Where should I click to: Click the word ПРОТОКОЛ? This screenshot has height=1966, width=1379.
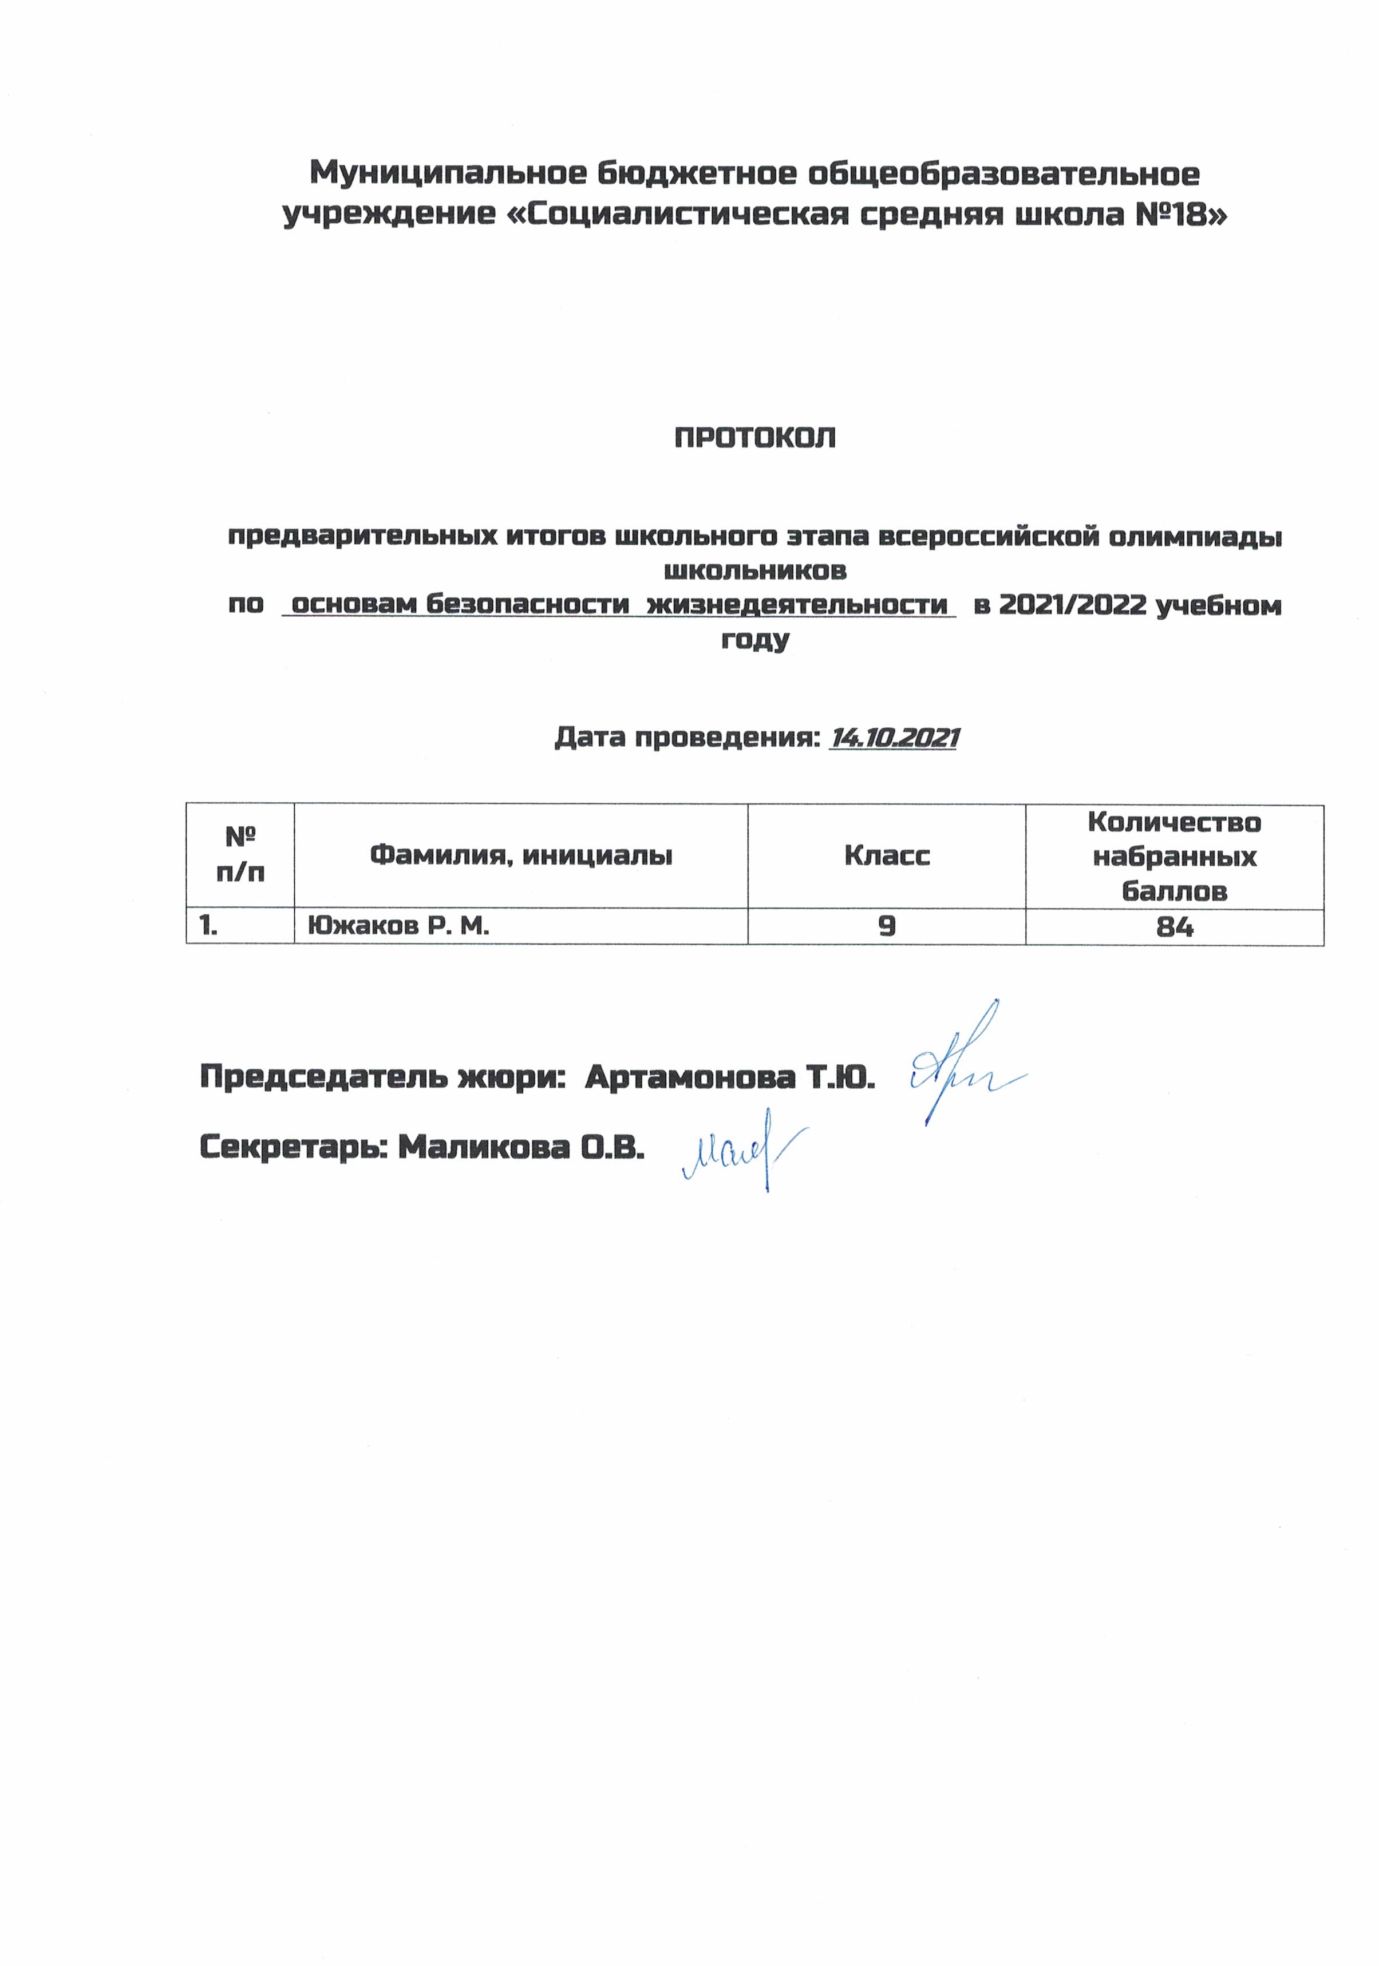(754, 438)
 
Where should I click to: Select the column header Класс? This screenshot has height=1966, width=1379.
(887, 855)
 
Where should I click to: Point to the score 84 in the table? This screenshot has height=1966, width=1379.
(1173, 926)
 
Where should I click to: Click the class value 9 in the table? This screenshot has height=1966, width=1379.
(887, 926)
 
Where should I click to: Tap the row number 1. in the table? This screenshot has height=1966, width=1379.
(208, 926)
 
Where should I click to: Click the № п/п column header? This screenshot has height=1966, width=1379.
(240, 855)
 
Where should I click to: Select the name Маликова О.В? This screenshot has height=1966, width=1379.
(521, 1147)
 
